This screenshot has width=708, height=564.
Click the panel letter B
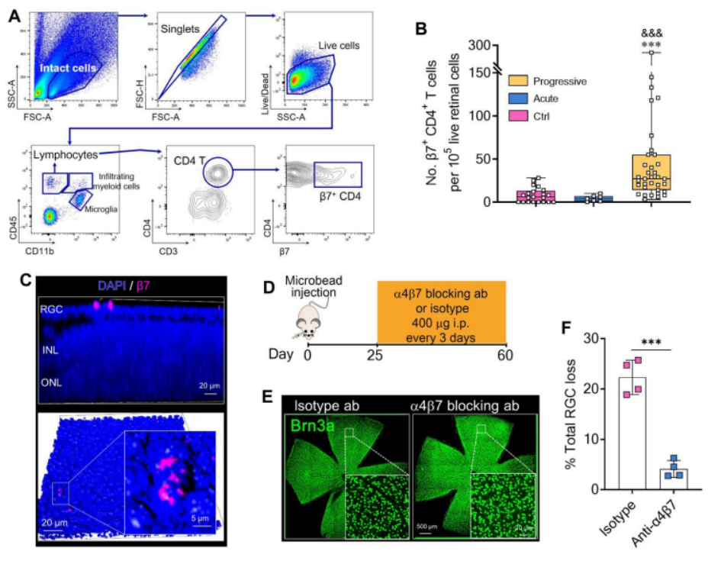click(420, 27)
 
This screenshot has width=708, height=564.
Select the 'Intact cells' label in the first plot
click(69, 69)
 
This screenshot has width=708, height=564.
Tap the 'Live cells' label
click(340, 46)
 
